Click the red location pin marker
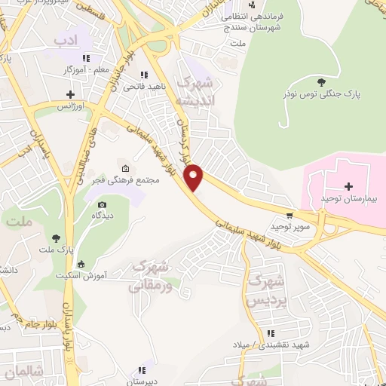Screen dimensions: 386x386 [x=194, y=176]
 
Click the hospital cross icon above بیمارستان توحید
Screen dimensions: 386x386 [x=348, y=185]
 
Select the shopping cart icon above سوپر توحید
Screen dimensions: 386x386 [x=290, y=214]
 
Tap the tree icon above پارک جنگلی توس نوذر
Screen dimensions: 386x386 [x=323, y=81]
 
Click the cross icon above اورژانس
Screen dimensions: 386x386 [x=70, y=95]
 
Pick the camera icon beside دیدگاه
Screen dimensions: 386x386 [x=102, y=204]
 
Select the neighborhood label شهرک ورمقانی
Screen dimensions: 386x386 [x=150, y=276]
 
